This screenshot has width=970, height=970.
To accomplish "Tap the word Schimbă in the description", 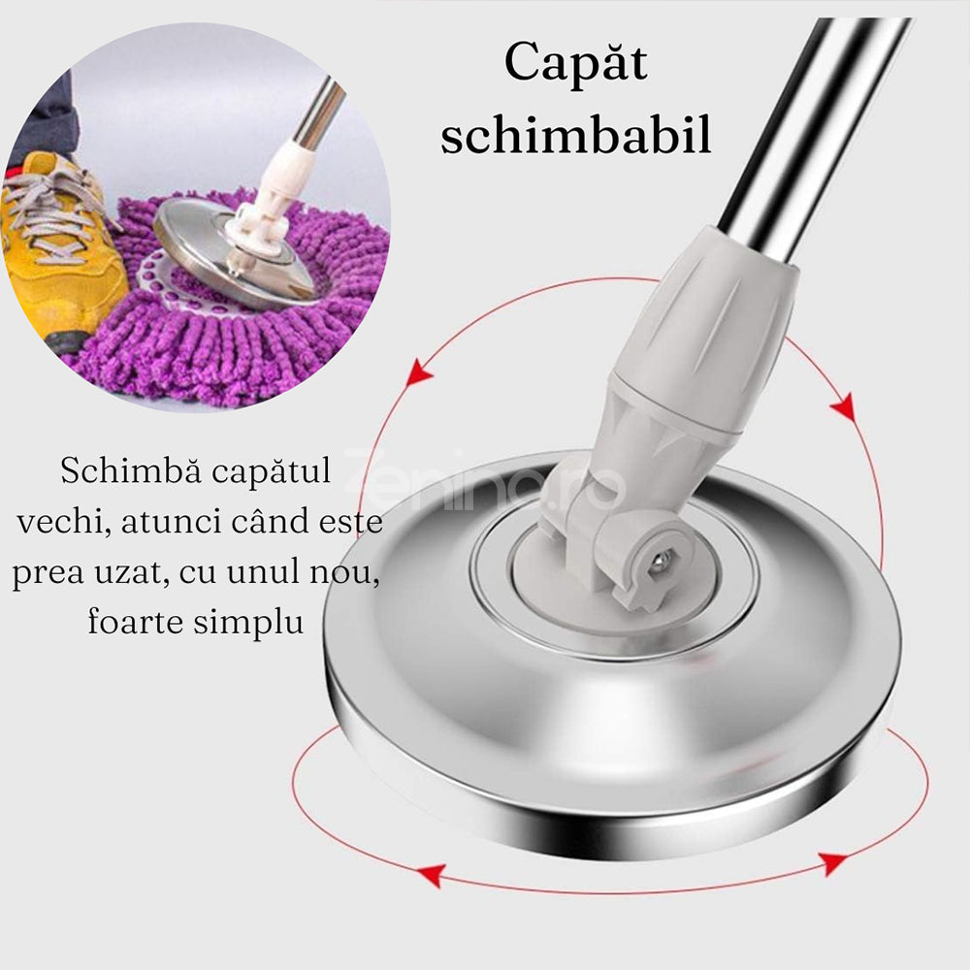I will click(x=115, y=472).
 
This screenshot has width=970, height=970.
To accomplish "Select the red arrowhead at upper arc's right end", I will click(x=843, y=406).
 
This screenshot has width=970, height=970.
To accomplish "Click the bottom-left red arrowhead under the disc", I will click(x=429, y=874).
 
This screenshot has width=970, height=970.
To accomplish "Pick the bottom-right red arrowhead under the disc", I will click(x=832, y=862).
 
